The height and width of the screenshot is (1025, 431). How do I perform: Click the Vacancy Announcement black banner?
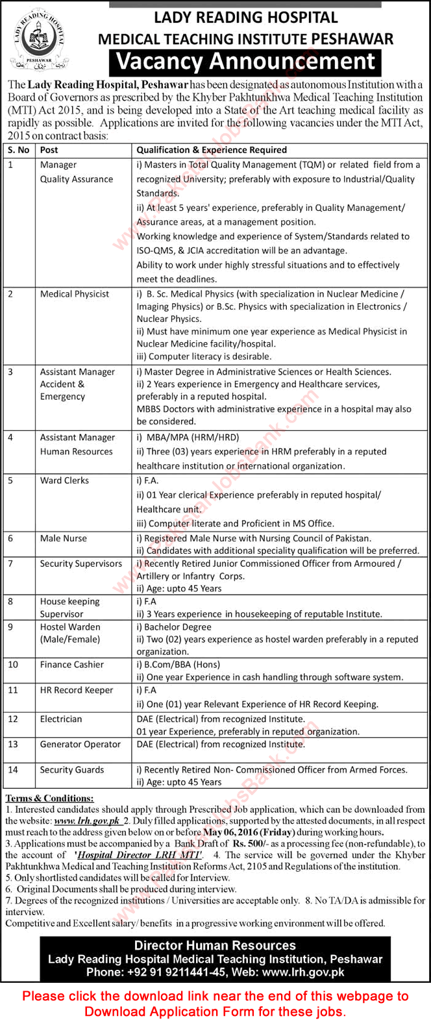click(245, 62)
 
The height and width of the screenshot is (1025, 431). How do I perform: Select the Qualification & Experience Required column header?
click(211, 150)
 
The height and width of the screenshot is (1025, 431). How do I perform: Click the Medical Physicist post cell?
click(75, 294)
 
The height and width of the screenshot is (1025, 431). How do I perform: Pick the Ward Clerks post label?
click(64, 480)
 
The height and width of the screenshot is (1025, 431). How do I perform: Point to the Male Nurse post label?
click(63, 538)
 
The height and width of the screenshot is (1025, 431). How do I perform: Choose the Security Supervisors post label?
click(80, 563)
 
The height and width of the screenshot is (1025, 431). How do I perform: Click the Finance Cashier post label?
click(71, 665)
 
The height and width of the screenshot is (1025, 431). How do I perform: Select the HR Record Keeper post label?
click(76, 690)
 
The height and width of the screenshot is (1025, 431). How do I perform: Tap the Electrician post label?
click(61, 719)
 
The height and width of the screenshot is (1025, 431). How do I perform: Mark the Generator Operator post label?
click(80, 744)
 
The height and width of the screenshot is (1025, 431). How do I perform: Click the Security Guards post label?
click(71, 770)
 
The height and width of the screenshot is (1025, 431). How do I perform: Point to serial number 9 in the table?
click(10, 627)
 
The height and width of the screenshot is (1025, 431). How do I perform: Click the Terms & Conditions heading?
click(49, 798)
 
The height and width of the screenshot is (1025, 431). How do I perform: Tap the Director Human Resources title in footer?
click(215, 946)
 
